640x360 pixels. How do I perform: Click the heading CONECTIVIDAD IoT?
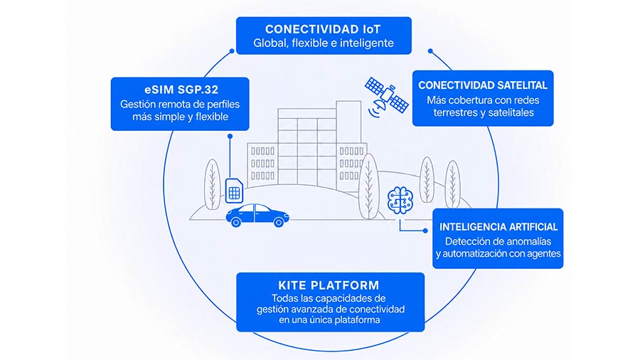click(323, 29)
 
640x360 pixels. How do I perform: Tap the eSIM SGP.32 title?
click(181, 90)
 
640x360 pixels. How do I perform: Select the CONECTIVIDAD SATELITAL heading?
click(483, 85)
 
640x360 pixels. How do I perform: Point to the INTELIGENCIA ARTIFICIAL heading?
click(498, 227)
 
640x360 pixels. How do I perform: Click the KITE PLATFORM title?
click(329, 285)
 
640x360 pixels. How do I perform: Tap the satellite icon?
click(385, 96)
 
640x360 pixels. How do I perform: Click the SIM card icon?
click(234, 191)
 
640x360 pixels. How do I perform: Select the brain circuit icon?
click(400, 201)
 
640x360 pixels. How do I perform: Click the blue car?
click(257, 215)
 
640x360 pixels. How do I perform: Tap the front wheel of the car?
click(279, 223)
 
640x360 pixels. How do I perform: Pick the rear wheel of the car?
click(236, 223)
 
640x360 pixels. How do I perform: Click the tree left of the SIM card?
click(212, 184)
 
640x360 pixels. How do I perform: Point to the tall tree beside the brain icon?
click(368, 186)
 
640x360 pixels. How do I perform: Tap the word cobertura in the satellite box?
click(468, 100)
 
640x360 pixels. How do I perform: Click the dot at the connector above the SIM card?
click(230, 137)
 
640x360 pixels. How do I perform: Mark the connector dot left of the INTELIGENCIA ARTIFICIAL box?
click(425, 231)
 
